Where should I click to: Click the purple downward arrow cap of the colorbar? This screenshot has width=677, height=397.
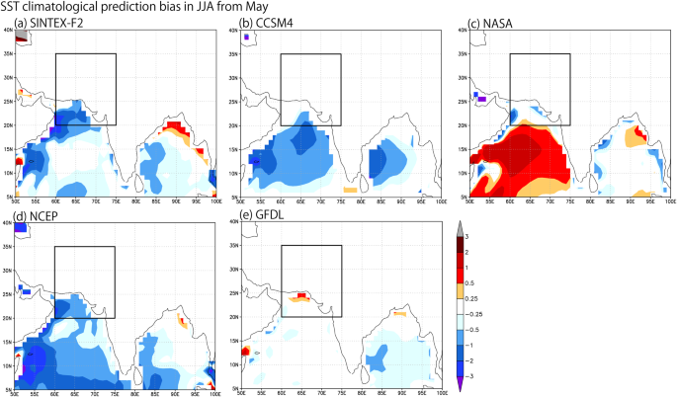[x=461, y=388]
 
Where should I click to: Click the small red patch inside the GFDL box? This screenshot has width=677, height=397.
[x=301, y=295]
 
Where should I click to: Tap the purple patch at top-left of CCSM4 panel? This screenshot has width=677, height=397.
[x=245, y=37]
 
